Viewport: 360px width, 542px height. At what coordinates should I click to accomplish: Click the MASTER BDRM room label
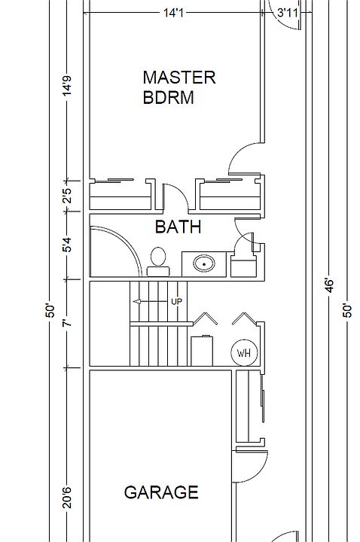click(x=179, y=87)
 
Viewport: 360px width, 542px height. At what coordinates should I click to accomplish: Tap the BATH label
click(x=178, y=227)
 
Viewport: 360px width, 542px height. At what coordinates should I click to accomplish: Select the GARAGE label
click(x=161, y=492)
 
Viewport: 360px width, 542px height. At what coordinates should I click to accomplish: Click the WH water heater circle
click(x=244, y=353)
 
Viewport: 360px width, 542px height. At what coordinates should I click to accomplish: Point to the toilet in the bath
click(x=158, y=262)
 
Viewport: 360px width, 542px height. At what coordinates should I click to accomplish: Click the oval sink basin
click(x=204, y=264)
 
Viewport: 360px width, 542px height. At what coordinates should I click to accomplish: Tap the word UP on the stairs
click(x=176, y=301)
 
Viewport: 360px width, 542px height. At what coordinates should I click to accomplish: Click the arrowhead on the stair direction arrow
click(x=136, y=302)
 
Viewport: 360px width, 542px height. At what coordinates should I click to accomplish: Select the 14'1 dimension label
click(x=173, y=13)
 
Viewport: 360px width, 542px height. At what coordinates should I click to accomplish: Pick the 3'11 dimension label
click(x=288, y=13)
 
